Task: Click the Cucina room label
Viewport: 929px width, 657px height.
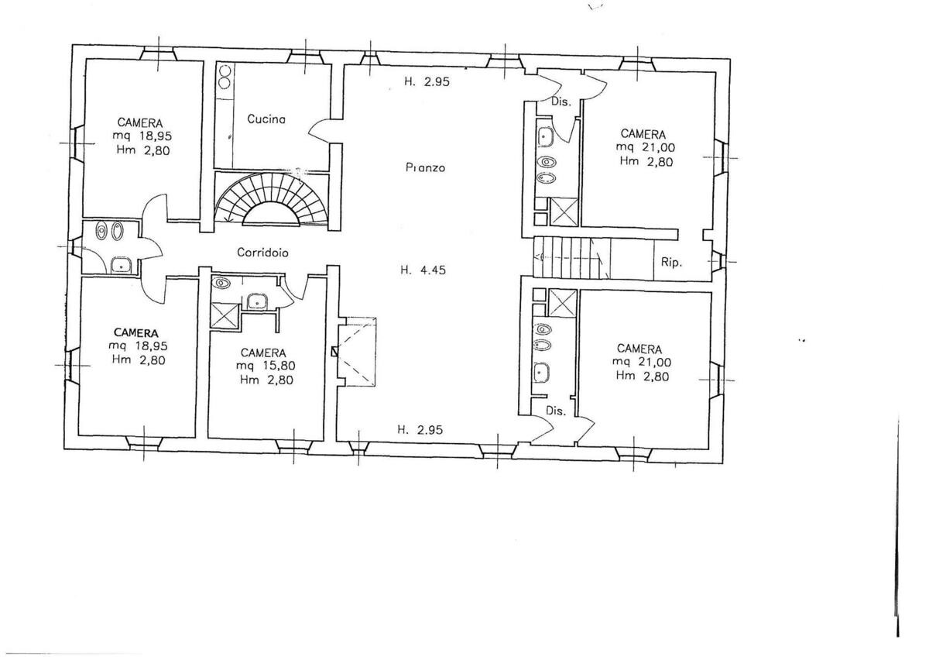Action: point(266,119)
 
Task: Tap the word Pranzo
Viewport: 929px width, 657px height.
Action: point(425,167)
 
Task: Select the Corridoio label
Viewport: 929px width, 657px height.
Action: point(262,253)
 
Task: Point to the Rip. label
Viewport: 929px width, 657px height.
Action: point(671,263)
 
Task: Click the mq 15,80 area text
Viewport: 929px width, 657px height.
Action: point(266,366)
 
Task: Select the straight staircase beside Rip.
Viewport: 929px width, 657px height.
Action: point(572,257)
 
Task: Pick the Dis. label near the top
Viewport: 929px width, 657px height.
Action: point(561,101)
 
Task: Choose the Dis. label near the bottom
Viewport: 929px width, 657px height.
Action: point(556,411)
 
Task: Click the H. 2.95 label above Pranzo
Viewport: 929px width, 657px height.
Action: point(427,82)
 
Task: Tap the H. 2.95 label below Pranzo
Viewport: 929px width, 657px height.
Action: point(420,429)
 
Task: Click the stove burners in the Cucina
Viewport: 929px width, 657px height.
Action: point(225,77)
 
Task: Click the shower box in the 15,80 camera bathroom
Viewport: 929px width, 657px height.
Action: point(225,317)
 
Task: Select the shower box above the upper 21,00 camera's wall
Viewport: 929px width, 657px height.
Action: point(564,212)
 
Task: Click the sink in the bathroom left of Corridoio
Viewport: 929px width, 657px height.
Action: point(121,264)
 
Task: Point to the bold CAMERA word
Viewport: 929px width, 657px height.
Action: point(135,333)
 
